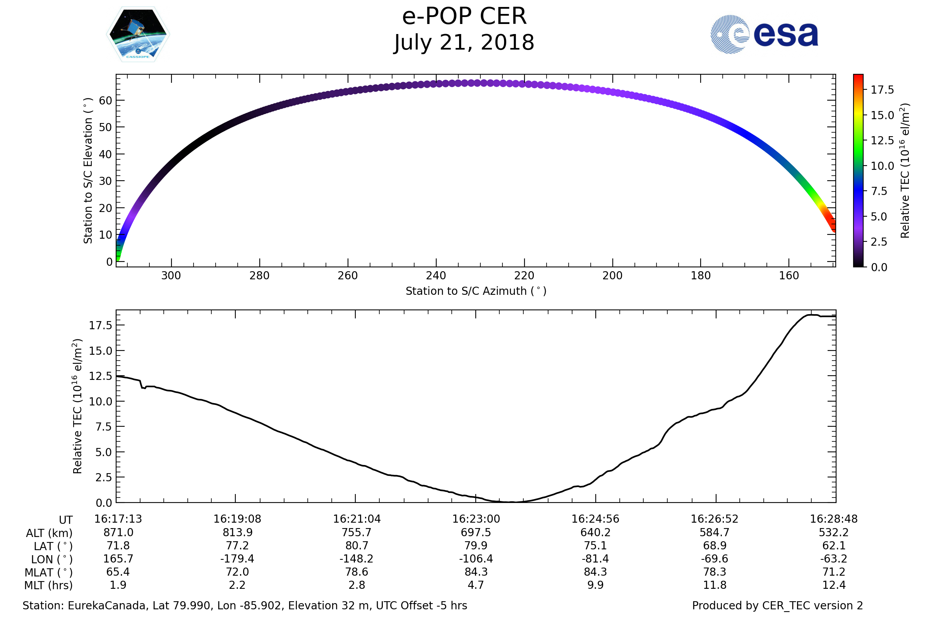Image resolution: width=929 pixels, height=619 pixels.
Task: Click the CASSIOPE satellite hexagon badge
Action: (x=138, y=34)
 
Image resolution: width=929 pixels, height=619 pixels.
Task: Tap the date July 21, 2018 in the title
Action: (x=464, y=43)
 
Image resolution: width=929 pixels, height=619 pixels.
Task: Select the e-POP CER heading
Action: (x=464, y=17)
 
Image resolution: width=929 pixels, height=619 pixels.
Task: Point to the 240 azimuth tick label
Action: (x=436, y=275)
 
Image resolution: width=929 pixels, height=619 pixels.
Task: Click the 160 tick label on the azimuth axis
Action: (x=789, y=275)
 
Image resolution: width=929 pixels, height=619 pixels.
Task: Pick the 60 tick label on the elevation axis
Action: (x=105, y=101)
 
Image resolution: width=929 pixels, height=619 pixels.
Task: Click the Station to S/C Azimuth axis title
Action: (x=476, y=291)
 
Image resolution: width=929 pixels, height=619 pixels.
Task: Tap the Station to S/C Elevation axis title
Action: (x=88, y=171)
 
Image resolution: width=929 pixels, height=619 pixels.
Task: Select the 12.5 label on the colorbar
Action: (x=882, y=140)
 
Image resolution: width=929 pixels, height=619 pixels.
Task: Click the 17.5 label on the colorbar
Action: (x=882, y=90)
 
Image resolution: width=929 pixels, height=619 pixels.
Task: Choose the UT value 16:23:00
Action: (x=476, y=519)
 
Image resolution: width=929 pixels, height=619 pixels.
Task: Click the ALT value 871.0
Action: (x=118, y=533)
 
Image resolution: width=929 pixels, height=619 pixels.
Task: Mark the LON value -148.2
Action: (x=356, y=559)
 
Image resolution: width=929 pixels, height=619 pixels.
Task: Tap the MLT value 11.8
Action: (x=715, y=585)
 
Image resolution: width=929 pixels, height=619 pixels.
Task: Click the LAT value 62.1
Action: (x=834, y=545)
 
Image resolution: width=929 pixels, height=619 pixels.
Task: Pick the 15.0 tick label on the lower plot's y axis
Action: (x=100, y=351)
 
